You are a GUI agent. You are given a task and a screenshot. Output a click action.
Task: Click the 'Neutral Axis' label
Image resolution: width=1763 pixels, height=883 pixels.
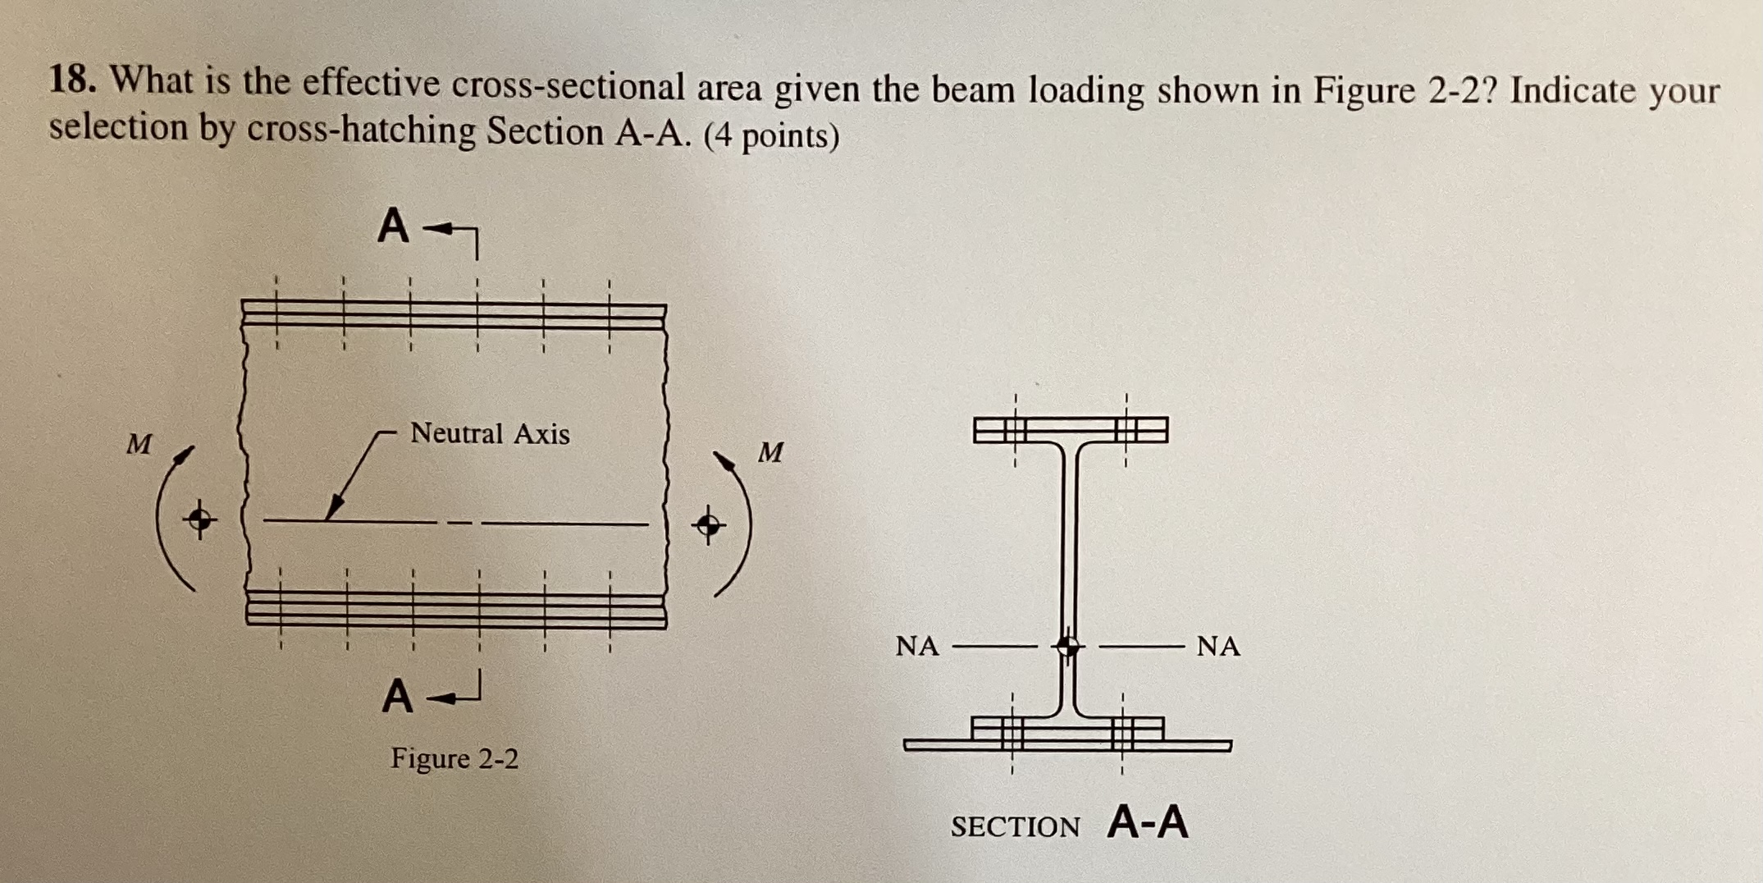pyautogui.click(x=490, y=433)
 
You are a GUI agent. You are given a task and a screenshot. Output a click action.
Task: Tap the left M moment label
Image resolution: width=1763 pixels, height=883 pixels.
pyautogui.click(x=139, y=445)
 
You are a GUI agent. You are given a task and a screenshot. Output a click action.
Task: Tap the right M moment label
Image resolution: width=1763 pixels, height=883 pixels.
pyautogui.click(x=770, y=452)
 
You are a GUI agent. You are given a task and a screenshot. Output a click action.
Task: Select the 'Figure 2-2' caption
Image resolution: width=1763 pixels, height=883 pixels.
pyautogui.click(x=454, y=758)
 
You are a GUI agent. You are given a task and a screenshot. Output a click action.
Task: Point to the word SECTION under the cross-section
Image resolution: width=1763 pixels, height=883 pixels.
pyautogui.click(x=1015, y=826)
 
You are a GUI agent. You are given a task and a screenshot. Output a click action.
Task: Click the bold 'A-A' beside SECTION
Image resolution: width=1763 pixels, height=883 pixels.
pyautogui.click(x=1147, y=822)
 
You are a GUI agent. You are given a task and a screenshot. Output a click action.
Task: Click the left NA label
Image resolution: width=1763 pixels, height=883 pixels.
pyautogui.click(x=917, y=647)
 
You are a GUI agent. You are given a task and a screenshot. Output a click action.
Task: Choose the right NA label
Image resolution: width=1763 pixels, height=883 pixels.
pyautogui.click(x=1218, y=647)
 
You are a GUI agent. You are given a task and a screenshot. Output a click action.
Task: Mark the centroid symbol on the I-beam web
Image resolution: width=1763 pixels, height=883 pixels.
pyautogui.click(x=1067, y=646)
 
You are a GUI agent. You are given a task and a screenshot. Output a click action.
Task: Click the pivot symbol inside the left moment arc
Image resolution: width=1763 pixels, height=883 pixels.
pyautogui.click(x=199, y=519)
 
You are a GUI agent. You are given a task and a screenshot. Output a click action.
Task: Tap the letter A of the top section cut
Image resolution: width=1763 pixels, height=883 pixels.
pyautogui.click(x=394, y=226)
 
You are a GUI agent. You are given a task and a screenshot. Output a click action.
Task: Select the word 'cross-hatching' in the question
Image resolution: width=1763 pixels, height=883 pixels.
pyautogui.click(x=361, y=131)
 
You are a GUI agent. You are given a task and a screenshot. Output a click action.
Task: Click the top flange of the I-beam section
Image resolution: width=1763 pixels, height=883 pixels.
pyautogui.click(x=1070, y=429)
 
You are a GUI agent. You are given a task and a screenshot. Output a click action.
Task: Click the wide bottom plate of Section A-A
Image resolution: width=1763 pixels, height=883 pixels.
pyautogui.click(x=1066, y=745)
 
